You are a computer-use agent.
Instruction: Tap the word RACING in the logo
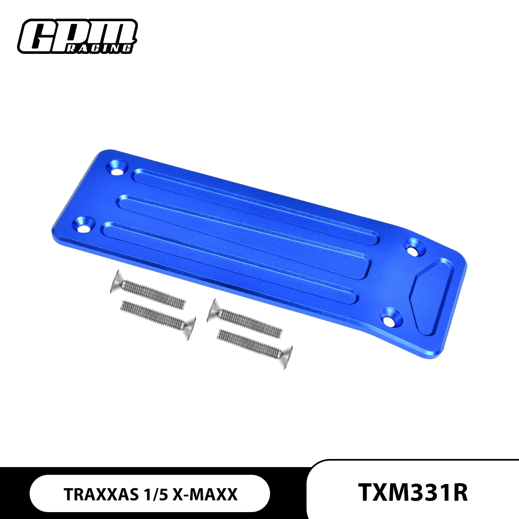tap(99, 48)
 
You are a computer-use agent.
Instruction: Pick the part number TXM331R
tap(413, 492)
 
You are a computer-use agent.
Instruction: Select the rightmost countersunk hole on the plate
tap(414, 249)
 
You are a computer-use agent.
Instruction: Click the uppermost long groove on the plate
tap(251, 205)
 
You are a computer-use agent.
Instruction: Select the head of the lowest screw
tap(286, 358)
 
